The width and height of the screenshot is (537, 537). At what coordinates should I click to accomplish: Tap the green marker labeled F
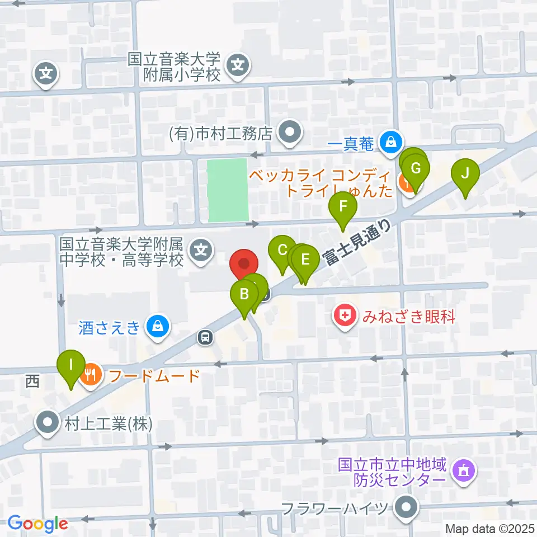343,207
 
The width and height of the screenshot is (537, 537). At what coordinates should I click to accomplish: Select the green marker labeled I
71,365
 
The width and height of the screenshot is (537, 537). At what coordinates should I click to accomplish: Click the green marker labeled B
244,294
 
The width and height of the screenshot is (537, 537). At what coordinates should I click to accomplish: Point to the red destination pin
244,264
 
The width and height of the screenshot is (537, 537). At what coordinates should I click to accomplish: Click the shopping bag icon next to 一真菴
390,143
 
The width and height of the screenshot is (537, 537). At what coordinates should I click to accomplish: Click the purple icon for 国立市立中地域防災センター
464,471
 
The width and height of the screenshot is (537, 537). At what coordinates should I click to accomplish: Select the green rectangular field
228,190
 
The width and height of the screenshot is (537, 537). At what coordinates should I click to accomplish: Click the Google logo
37,524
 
